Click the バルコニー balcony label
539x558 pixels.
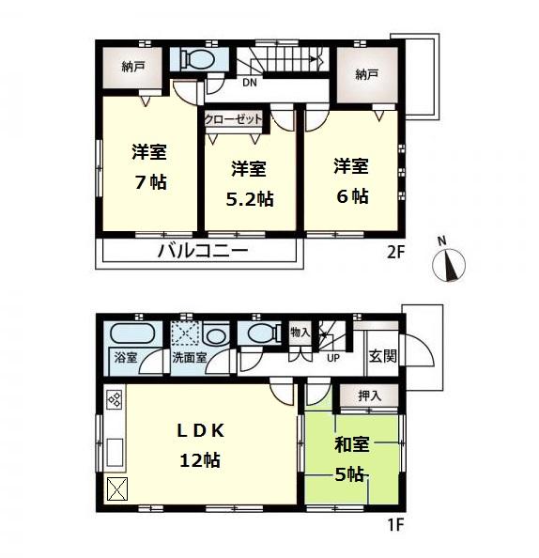point(202,252)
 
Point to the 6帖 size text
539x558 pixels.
point(351,197)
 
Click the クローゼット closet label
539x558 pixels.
point(234,119)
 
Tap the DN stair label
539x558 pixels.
point(249,83)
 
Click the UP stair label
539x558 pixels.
point(333,358)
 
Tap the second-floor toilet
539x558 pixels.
point(199,59)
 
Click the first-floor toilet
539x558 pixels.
point(258,333)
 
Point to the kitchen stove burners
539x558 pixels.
point(114,401)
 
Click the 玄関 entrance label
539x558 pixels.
point(382,356)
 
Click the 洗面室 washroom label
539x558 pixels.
point(189,358)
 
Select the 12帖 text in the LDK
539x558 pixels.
point(200,461)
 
